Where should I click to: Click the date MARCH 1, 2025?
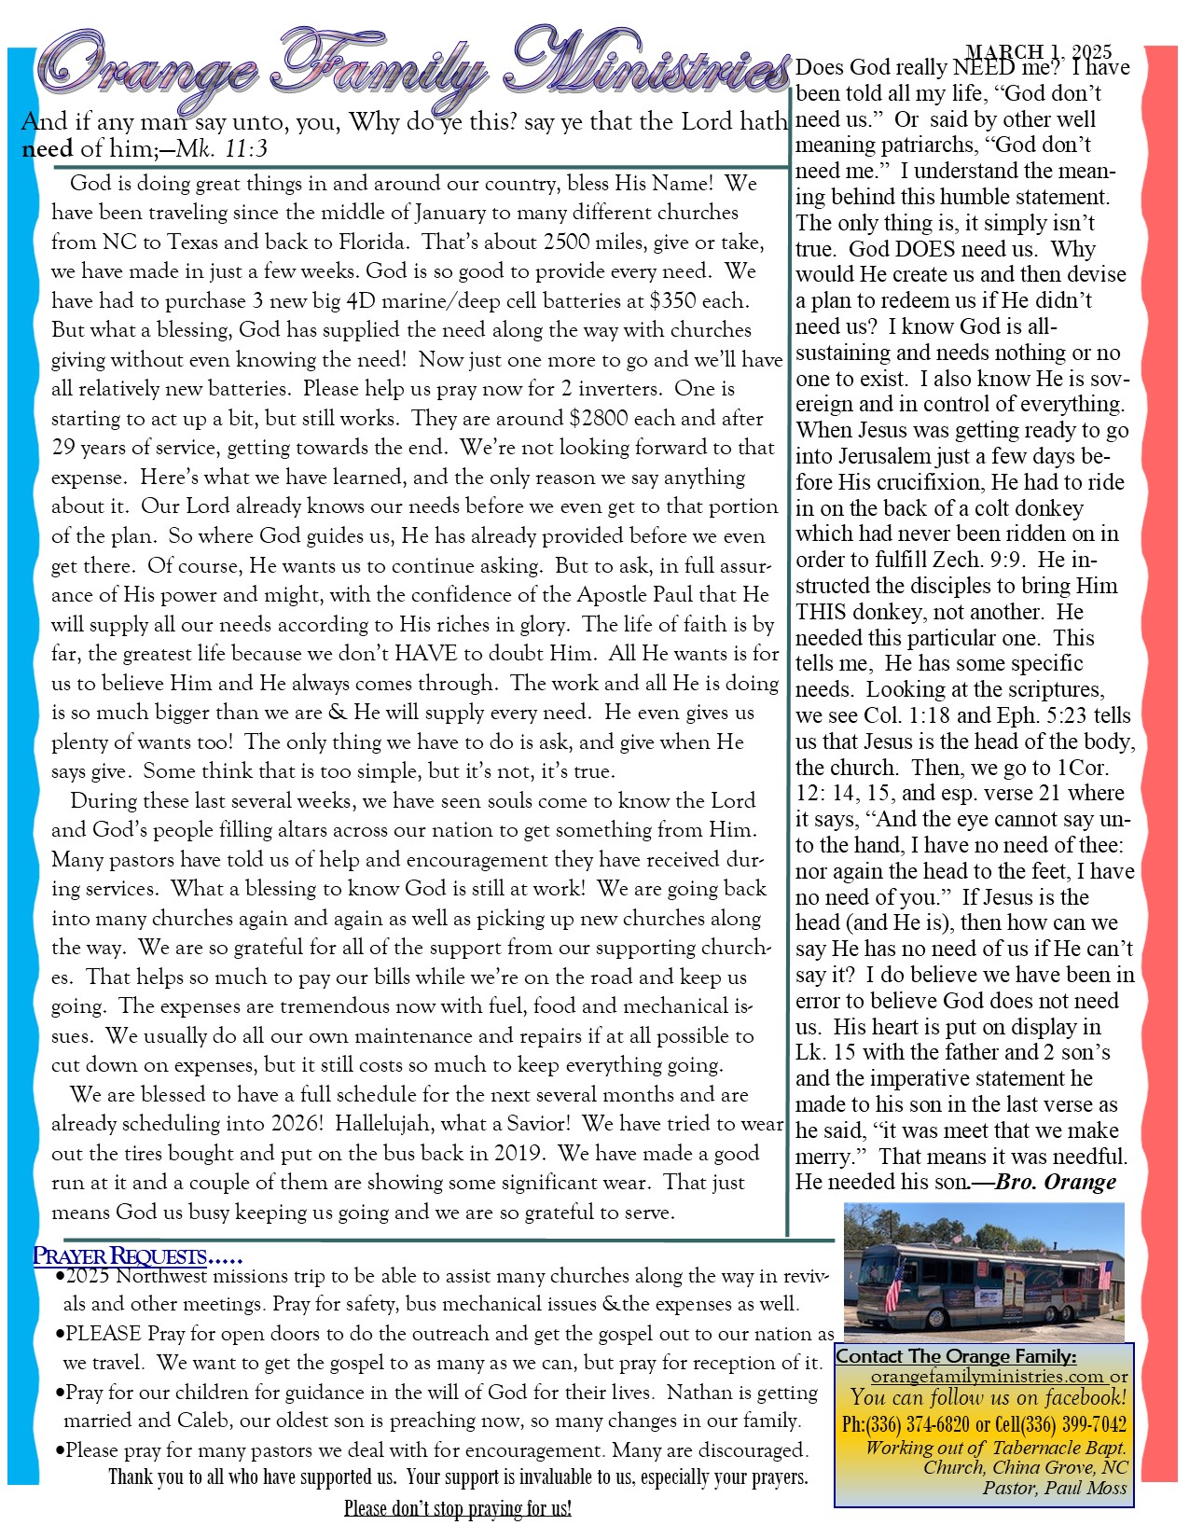pyautogui.click(x=1038, y=52)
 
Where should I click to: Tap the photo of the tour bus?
pyautogui.click(x=984, y=1272)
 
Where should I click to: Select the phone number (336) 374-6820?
pyautogui.click(x=918, y=1424)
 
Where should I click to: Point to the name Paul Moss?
pyautogui.click(x=1085, y=1488)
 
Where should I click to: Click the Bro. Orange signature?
pyautogui.click(x=1056, y=1183)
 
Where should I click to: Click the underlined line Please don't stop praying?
pyautogui.click(x=457, y=1508)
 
